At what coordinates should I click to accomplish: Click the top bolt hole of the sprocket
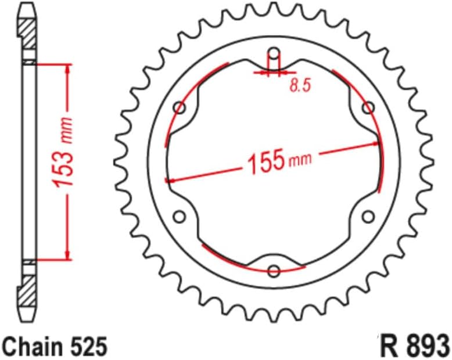click(274, 56)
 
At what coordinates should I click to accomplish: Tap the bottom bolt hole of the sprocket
click(274, 270)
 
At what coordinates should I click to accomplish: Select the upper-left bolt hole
click(180, 108)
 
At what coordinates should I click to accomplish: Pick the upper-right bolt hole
click(368, 108)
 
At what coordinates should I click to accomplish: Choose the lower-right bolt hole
click(368, 217)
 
